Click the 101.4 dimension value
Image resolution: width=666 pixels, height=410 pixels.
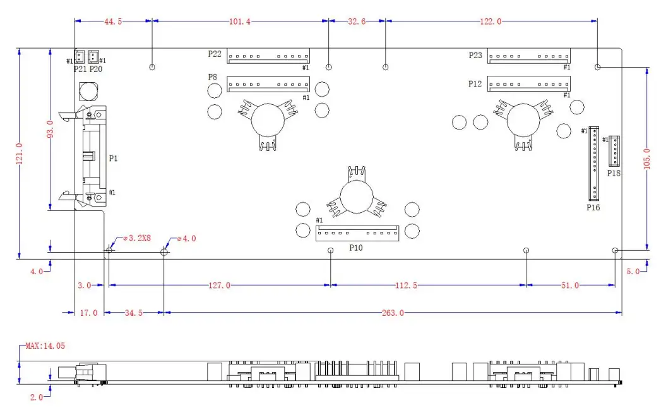tap(240, 21)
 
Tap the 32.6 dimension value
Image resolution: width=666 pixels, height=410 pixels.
tap(357, 21)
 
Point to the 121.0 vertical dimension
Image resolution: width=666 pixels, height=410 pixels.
tap(20, 154)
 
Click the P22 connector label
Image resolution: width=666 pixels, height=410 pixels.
tap(215, 54)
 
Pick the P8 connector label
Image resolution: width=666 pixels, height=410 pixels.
tap(213, 76)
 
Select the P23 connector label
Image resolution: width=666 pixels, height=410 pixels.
tap(475, 56)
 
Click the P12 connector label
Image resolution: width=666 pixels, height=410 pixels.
tap(475, 83)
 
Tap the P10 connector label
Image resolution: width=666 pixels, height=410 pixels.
tap(356, 248)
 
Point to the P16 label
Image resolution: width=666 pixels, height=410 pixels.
tap(593, 207)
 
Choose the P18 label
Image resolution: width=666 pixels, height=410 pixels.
tap(614, 172)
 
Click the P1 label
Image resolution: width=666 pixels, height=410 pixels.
tap(113, 159)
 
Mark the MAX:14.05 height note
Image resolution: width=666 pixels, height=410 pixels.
tap(45, 346)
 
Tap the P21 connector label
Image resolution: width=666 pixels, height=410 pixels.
tap(80, 69)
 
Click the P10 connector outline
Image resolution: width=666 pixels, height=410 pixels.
tap(357, 233)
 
